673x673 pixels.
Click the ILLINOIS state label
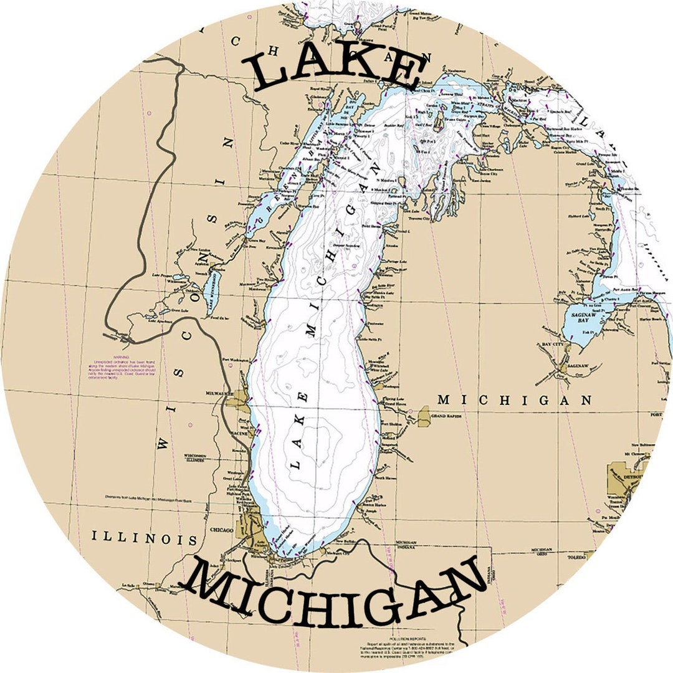pos(144,538)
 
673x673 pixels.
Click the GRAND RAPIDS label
pos(445,416)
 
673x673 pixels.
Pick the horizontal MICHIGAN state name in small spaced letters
pos(515,400)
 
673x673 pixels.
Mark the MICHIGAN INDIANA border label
pos(406,544)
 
